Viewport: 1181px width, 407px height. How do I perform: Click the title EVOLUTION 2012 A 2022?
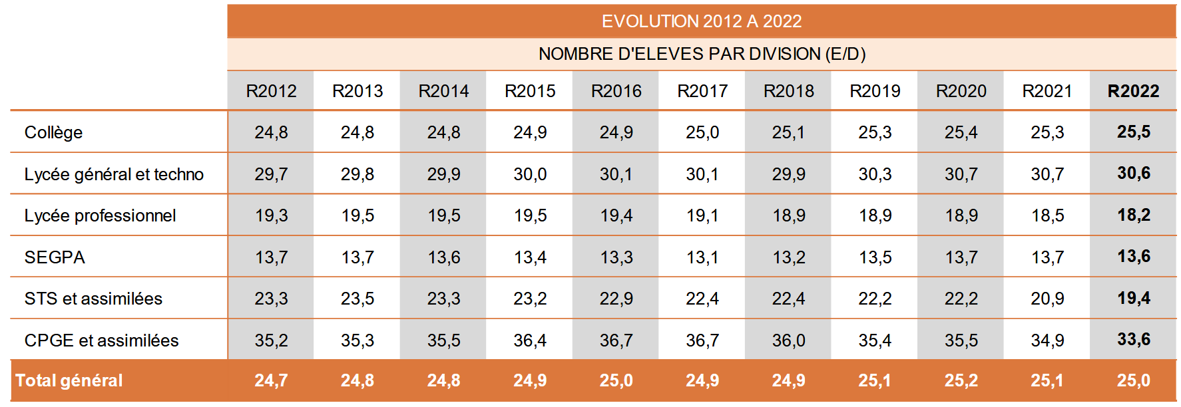(x=702, y=21)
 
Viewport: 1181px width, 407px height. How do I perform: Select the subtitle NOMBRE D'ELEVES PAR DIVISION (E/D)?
(x=702, y=54)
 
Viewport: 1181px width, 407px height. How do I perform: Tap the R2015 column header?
(x=530, y=91)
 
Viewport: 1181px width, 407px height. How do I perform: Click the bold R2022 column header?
(x=1133, y=91)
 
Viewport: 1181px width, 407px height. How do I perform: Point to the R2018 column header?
(x=788, y=91)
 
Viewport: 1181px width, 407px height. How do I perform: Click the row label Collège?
(x=53, y=132)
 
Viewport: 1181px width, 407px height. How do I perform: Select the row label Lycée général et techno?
(x=114, y=174)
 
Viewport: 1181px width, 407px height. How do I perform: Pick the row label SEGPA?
(x=55, y=257)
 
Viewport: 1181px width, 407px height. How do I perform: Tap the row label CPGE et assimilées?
(x=101, y=340)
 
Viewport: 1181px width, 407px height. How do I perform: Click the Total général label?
(x=69, y=380)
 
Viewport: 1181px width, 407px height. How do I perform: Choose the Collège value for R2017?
(x=702, y=132)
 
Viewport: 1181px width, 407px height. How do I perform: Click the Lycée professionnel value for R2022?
(x=1133, y=215)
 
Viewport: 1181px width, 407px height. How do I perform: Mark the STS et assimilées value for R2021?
(x=1047, y=299)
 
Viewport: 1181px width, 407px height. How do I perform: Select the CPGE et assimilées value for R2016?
(x=616, y=340)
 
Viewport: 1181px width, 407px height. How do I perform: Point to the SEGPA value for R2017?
(x=702, y=257)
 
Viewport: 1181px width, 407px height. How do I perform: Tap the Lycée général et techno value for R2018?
(x=788, y=174)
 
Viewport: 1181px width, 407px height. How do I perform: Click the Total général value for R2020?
(x=961, y=380)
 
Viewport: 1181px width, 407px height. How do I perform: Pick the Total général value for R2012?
(x=271, y=380)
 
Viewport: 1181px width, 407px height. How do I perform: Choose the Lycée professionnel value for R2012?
(x=271, y=215)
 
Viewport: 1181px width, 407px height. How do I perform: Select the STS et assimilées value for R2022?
(x=1133, y=299)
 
